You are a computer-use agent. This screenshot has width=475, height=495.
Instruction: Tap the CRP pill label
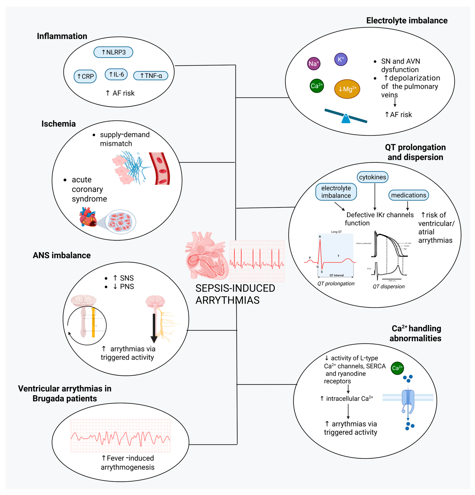[x=85, y=76]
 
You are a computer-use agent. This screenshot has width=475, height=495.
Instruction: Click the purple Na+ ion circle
[x=314, y=64]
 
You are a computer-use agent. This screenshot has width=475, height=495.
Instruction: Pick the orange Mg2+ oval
[x=347, y=89]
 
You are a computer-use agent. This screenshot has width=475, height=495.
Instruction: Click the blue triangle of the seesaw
[x=346, y=119]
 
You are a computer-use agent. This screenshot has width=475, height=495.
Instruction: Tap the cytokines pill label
[x=372, y=177]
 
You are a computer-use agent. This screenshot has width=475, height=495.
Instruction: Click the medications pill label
[x=408, y=195]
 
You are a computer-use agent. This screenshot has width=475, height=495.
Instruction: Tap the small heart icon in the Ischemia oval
[x=88, y=217]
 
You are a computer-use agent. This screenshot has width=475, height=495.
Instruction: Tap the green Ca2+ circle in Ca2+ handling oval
[x=397, y=368]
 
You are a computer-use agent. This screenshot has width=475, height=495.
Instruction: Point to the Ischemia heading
[x=59, y=124]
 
